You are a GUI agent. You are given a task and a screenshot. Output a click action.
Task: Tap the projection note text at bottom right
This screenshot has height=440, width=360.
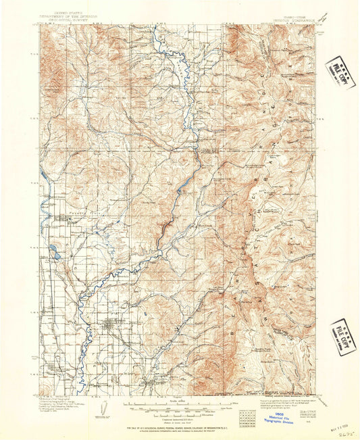tap(297, 401)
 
